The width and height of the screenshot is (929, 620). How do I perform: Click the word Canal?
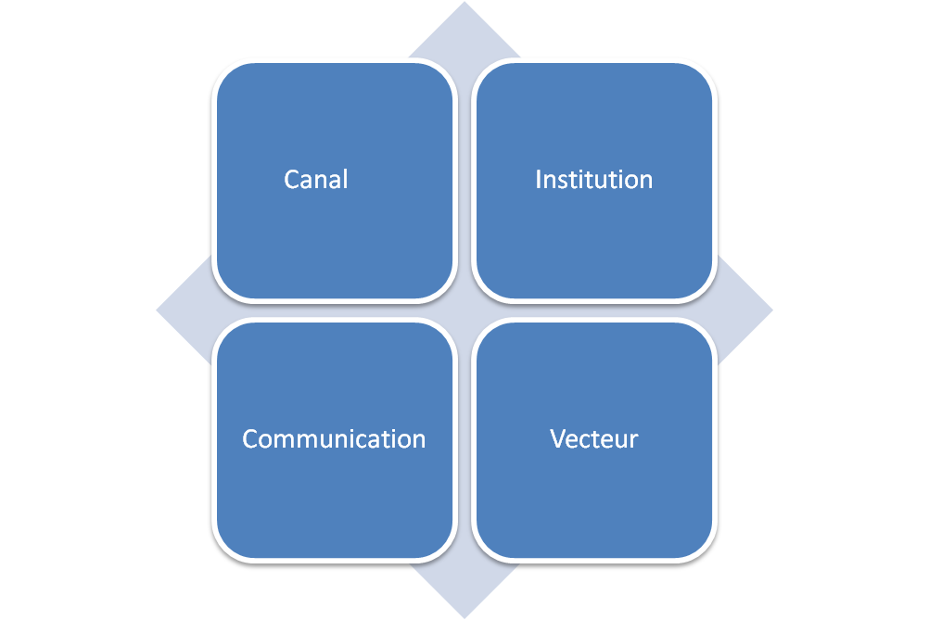click(316, 180)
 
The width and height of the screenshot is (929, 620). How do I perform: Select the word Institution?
click(593, 180)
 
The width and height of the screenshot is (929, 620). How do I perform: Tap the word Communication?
click(334, 438)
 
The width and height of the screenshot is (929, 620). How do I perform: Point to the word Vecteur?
click(593, 438)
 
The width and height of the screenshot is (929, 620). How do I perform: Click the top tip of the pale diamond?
click(464, 2)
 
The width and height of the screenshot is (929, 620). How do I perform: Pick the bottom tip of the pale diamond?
click(464, 618)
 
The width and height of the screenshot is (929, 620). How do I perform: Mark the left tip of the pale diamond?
click(157, 310)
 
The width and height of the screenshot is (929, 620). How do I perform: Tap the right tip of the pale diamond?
click(772, 310)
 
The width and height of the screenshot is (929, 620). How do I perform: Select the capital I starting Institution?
click(538, 180)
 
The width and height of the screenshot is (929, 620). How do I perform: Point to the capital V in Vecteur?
click(559, 439)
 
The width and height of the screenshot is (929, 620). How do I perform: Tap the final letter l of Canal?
click(346, 180)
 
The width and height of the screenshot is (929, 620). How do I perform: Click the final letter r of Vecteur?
click(634, 442)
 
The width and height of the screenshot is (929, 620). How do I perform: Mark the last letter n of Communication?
click(419, 442)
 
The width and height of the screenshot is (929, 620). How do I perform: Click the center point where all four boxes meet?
click(464, 310)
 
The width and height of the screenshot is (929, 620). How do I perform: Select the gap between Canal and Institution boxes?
click(464, 181)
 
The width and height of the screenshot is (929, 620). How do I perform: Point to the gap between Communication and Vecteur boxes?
click(464, 440)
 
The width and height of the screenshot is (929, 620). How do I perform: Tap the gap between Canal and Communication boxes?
click(335, 310)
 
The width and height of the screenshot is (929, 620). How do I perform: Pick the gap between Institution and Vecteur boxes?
click(594, 310)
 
